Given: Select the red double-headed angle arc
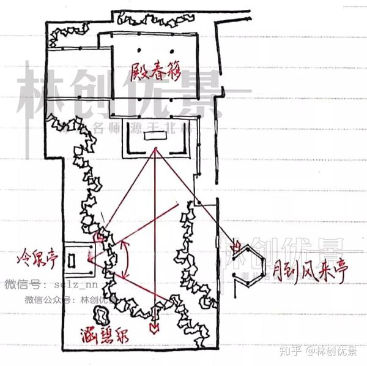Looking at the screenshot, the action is (x=127, y=258).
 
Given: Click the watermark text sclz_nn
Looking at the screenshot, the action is (x=77, y=285).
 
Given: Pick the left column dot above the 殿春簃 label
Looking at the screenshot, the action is (x=139, y=50).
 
